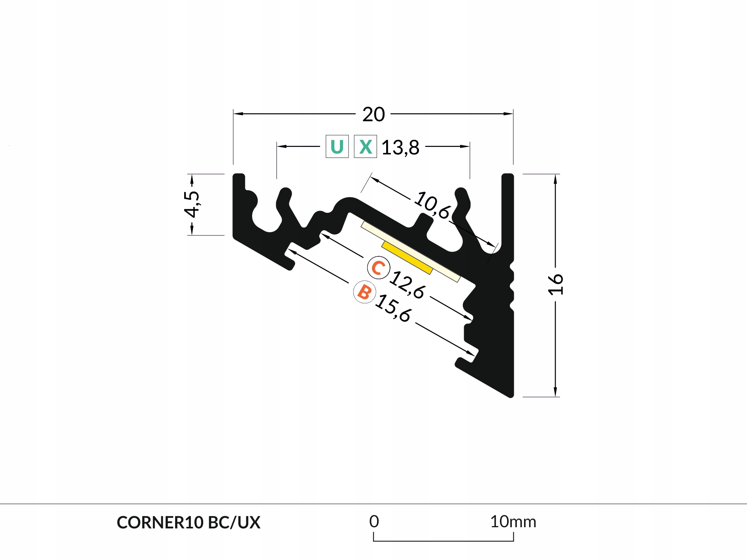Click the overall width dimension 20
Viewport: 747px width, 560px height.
point(373,115)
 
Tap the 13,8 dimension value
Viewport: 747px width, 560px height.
point(400,147)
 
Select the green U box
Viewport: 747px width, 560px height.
point(337,147)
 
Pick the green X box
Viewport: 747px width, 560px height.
point(365,147)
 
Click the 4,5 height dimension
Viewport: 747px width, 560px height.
point(192,204)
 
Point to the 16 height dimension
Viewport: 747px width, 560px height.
point(555,284)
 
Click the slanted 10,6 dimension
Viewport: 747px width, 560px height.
point(432,205)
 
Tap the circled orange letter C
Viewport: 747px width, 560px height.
point(378,268)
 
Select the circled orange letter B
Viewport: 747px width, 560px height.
point(364,292)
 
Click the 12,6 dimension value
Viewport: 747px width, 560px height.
point(407,284)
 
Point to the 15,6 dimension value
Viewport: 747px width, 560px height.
point(393,308)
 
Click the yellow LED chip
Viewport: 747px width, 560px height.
point(407,257)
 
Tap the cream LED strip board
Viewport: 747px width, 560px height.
point(447,272)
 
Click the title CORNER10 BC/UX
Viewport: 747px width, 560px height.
point(189,522)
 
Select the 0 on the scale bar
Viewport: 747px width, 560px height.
point(374,522)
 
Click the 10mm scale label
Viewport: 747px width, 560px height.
point(513,522)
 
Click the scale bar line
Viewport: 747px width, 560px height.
point(443,541)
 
